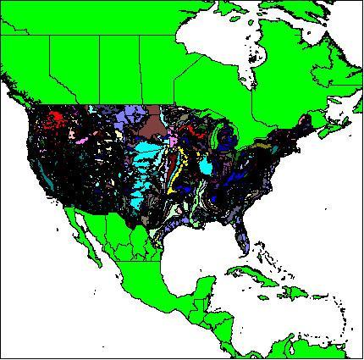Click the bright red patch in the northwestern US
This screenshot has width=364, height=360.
click(x=56, y=118)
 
